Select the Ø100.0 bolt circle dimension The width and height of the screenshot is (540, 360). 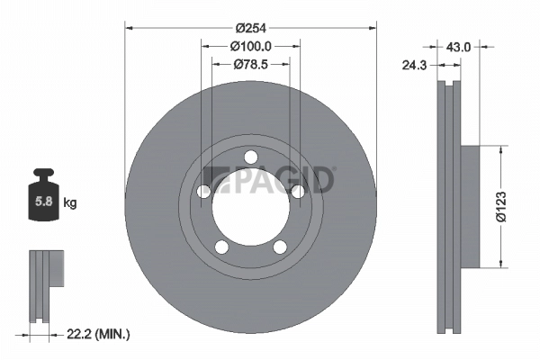pyautogui.click(x=250, y=45)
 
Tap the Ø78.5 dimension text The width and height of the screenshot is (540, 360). pyautogui.click(x=250, y=64)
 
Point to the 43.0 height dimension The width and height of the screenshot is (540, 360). pyautogui.click(x=460, y=45)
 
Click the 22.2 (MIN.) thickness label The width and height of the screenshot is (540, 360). pyautogui.click(x=99, y=335)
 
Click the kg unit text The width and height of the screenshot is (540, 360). pyautogui.click(x=70, y=203)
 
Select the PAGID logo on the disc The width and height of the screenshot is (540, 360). pyautogui.click(x=269, y=181)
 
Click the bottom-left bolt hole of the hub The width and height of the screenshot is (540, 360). pyautogui.click(x=222, y=245)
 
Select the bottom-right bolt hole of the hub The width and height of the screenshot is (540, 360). pyautogui.click(x=279, y=245)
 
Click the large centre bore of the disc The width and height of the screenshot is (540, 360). pyautogui.click(x=250, y=205)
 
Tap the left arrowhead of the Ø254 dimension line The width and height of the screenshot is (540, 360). pyautogui.click(x=128, y=26)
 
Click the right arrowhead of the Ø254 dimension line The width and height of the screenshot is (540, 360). pyautogui.click(x=373, y=26)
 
